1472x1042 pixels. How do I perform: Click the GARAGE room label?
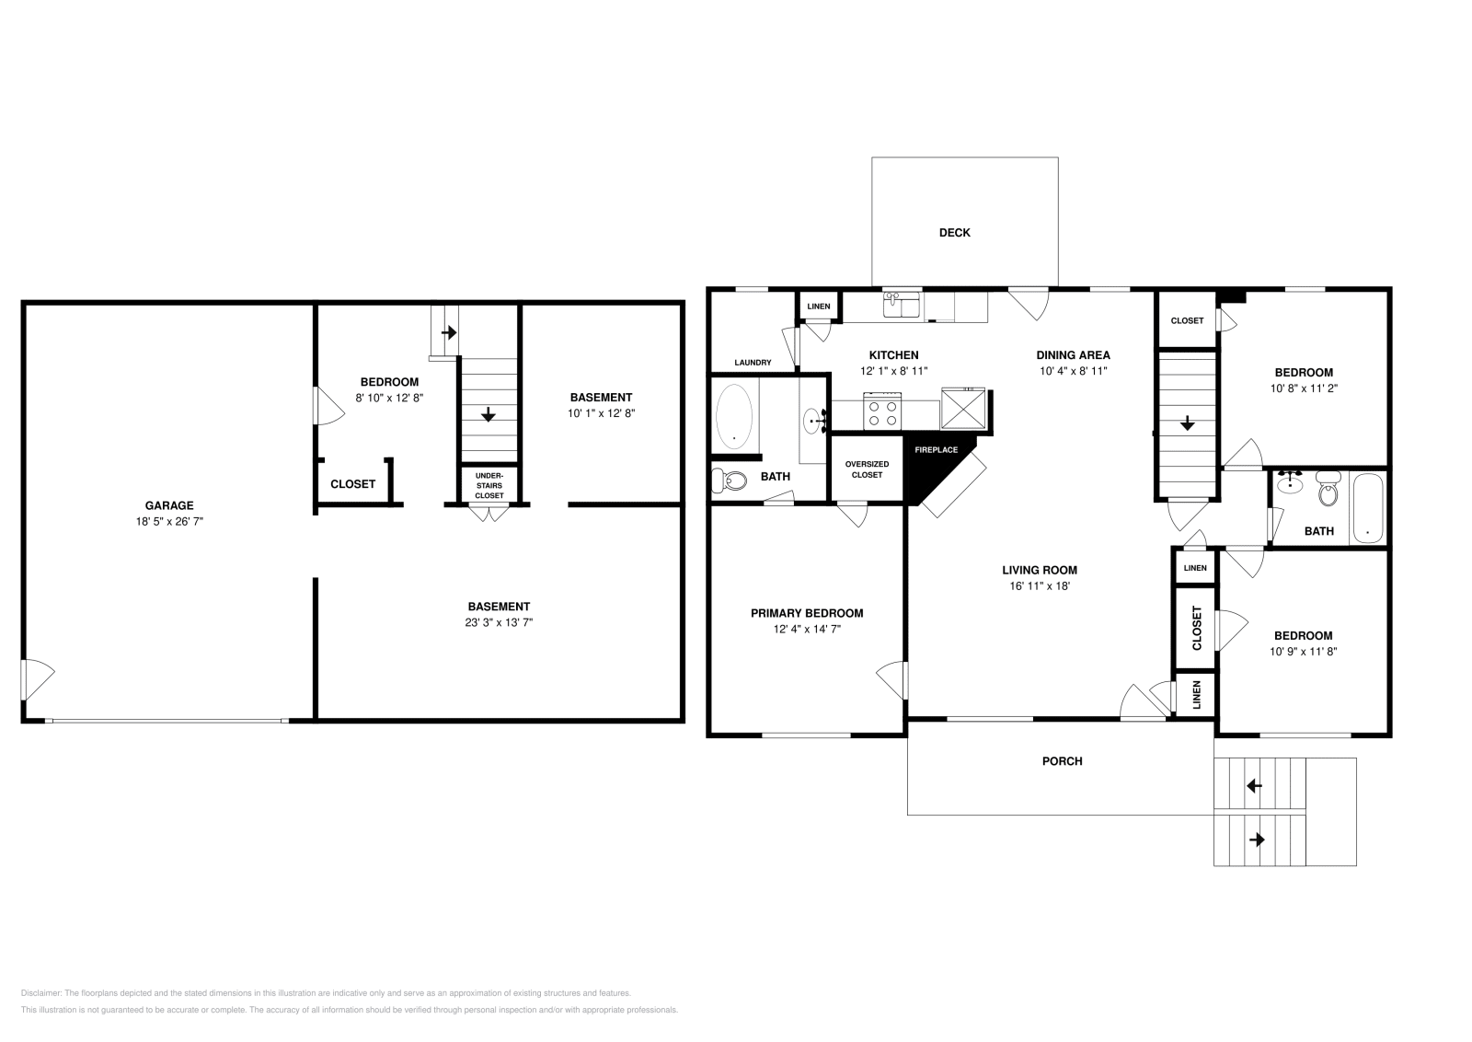(169, 505)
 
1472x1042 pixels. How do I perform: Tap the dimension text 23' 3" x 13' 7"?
(499, 622)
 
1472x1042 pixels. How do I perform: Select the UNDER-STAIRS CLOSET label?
(489, 485)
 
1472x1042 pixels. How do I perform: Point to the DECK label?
(954, 233)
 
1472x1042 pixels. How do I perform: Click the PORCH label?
(1062, 761)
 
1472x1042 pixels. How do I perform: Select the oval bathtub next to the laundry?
(734, 417)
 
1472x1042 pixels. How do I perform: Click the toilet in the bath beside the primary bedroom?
(729, 480)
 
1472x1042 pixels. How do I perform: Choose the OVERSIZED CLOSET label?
(867, 469)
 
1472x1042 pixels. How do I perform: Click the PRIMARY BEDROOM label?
(807, 613)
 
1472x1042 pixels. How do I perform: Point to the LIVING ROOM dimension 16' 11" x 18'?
(1040, 585)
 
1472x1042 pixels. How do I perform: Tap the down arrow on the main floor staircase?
(1188, 423)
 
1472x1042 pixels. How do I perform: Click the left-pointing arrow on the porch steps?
(1253, 786)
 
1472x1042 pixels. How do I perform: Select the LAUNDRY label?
(753, 363)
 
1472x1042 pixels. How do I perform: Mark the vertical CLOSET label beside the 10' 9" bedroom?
(1197, 628)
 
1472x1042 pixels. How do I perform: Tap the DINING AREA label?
(1073, 354)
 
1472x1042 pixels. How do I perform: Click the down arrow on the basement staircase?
(489, 415)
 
